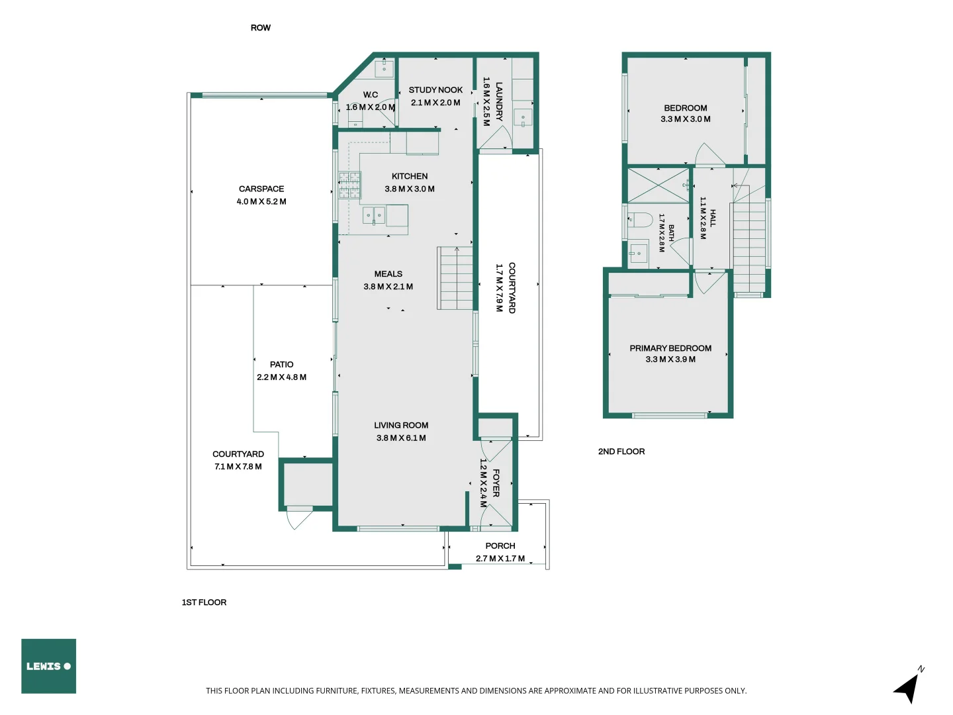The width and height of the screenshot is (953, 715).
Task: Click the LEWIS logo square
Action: pos(48,665)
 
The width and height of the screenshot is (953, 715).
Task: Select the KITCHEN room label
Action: pos(410,176)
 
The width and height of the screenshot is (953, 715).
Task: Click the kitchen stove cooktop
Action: pos(350,185)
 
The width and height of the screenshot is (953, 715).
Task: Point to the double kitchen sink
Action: pos(374,215)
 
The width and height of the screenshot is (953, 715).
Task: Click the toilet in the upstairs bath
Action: pos(640,220)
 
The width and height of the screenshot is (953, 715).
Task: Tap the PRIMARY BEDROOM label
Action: pos(670,348)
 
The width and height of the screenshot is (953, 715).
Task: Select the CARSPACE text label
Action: pos(261,189)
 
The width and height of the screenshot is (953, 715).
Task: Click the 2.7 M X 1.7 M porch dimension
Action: pos(500,559)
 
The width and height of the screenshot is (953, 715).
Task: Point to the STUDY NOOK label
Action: pos(435,90)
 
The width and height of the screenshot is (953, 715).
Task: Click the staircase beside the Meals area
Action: pos(455,278)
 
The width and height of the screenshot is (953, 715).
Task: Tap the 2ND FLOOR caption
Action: pos(621,452)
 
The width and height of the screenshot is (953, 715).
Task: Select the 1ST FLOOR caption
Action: pos(204,602)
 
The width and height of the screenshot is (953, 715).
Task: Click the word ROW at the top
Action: pos(261,28)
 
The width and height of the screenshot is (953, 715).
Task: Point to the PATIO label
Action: pos(281,365)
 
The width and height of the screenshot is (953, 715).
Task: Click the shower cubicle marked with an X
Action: pos(658,185)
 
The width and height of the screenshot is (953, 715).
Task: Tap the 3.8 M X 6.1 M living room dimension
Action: pos(401,438)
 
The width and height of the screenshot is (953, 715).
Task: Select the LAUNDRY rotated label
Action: pos(499,101)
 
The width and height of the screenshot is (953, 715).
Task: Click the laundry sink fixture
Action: pos(523,118)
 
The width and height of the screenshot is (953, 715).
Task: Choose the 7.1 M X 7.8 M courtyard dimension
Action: pos(238,467)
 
